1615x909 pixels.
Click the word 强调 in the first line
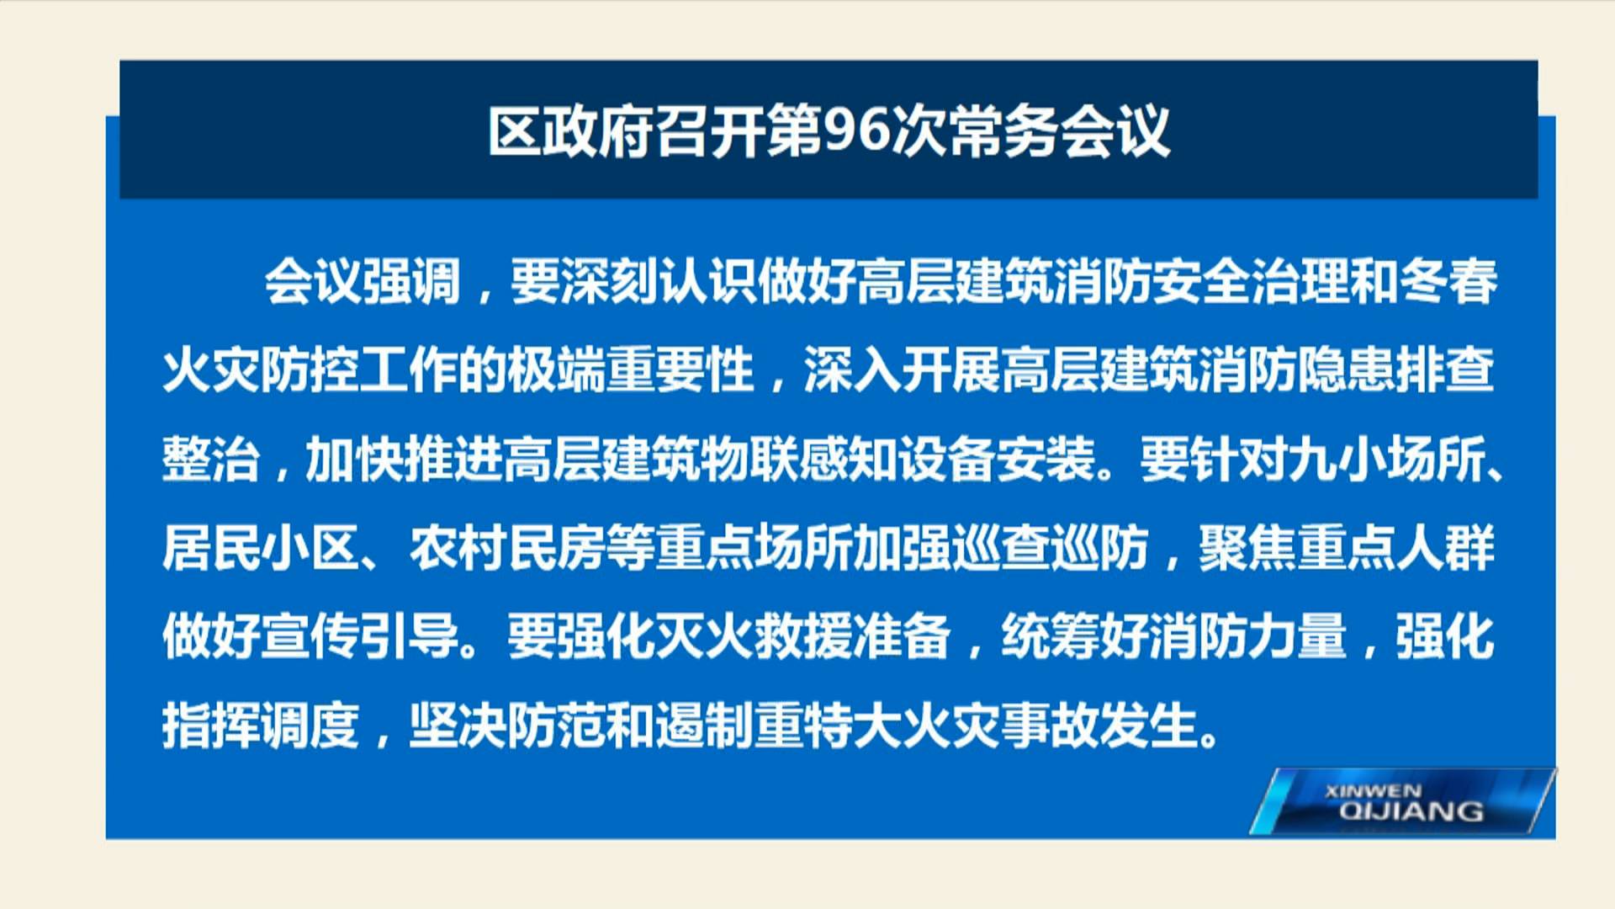pos(411,281)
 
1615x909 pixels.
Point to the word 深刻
pos(609,281)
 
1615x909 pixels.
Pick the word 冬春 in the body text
pos(1448,281)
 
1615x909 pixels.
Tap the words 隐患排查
pos(1395,370)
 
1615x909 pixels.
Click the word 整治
pos(211,460)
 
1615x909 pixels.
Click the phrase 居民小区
pos(261,549)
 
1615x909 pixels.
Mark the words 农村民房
pos(507,549)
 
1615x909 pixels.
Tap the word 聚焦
pos(1247,549)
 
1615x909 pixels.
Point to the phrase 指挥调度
pos(261,726)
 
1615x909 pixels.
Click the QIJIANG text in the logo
pos(1411,811)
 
